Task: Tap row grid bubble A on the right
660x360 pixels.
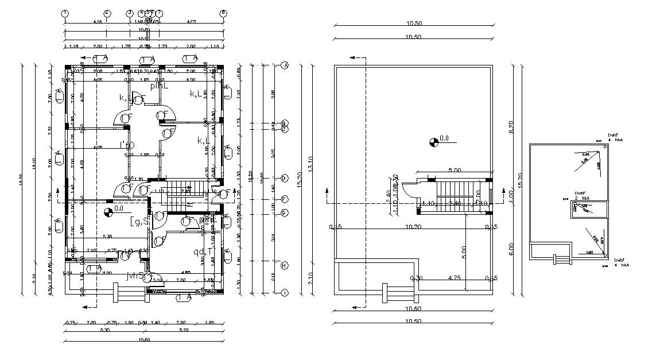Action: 284,65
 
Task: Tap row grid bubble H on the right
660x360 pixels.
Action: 284,265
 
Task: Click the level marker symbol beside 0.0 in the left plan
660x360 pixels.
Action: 108,213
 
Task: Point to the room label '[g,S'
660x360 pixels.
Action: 139,220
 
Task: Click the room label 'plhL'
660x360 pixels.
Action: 159,86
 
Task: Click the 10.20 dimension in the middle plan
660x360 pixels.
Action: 413,227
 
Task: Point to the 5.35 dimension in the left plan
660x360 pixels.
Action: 107,236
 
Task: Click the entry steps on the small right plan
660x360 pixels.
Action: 562,260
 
